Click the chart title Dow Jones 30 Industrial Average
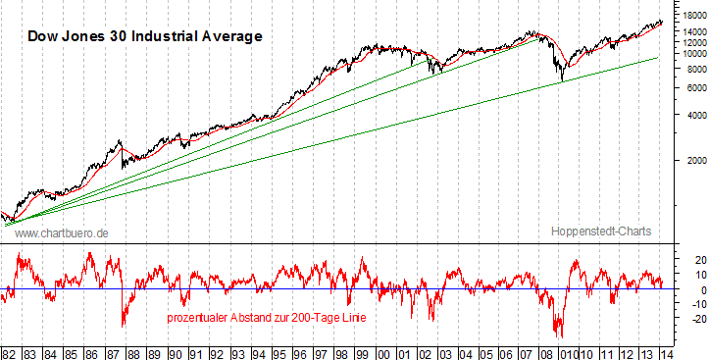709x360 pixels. click(144, 36)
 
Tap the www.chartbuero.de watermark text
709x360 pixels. click(62, 231)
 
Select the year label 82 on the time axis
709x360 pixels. click(9, 350)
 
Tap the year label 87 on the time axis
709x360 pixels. click(114, 350)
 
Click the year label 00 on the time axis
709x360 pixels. click(383, 350)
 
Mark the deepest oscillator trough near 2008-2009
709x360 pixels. click(561, 335)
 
